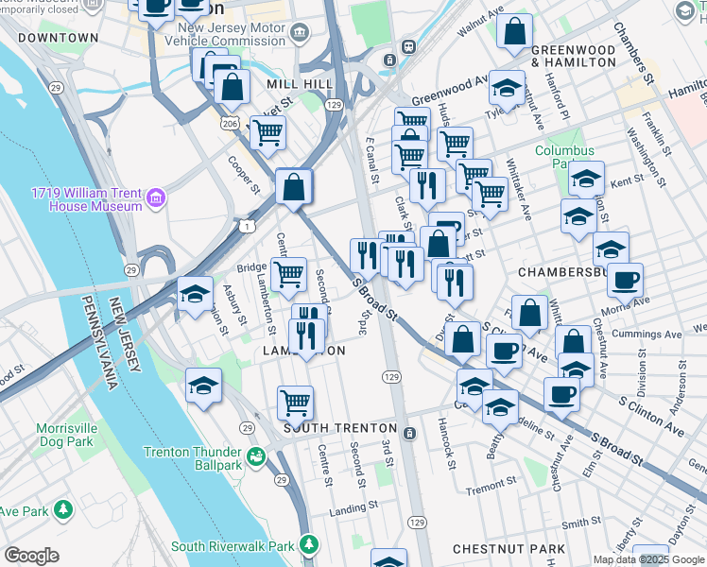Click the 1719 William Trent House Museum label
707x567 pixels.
pyautogui.click(x=85, y=199)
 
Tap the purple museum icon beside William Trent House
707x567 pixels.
pyautogui.click(x=156, y=199)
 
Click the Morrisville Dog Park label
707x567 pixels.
pyautogui.click(x=65, y=435)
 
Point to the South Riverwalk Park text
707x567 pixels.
pyautogui.click(x=233, y=546)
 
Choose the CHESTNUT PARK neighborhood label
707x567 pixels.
pyautogui.click(x=508, y=549)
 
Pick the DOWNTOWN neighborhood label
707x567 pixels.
pyautogui.click(x=58, y=38)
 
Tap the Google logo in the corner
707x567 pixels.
pyautogui.click(x=31, y=556)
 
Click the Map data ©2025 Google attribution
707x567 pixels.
pyautogui.click(x=648, y=559)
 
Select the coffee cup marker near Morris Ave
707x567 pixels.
pyautogui.click(x=625, y=281)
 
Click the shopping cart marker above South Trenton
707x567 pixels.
pyautogui.click(x=296, y=403)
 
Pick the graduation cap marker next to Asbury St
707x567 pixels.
pyautogui.click(x=195, y=294)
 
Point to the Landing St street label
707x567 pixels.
pyautogui.click(x=348, y=510)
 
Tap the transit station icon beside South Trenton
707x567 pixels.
pyautogui.click(x=409, y=434)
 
